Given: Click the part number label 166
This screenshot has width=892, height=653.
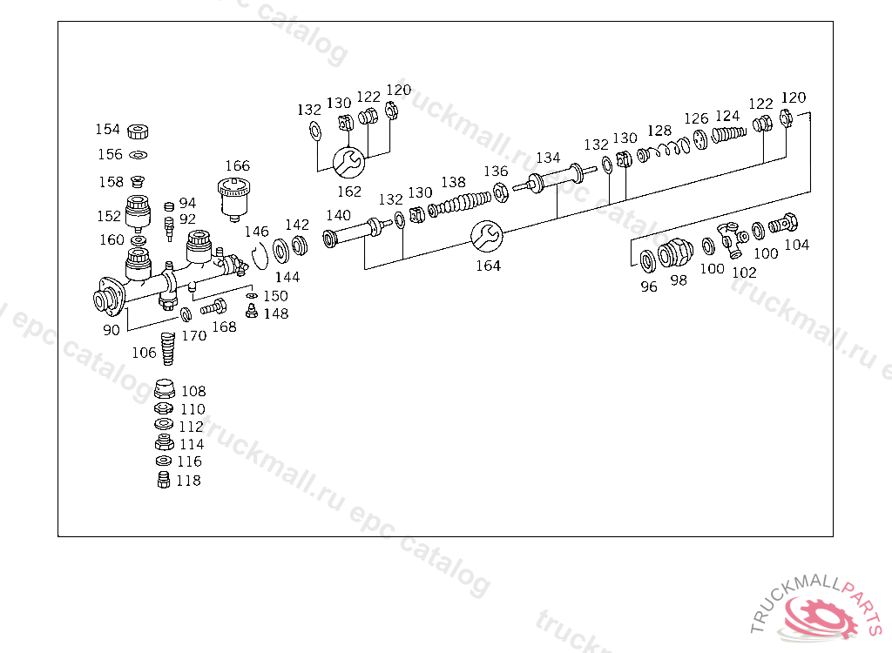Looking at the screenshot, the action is click(x=237, y=165).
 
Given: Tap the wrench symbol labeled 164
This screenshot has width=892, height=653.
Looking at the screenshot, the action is click(x=486, y=235).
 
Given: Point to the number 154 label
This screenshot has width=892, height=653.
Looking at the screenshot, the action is click(x=107, y=130).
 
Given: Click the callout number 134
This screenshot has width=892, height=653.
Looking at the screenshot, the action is click(x=548, y=158).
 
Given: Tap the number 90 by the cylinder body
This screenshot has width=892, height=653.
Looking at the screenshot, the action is click(x=111, y=330).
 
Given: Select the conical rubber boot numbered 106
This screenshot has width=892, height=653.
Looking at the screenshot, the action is click(x=169, y=347).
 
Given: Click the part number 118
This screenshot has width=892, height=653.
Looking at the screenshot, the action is click(x=188, y=481).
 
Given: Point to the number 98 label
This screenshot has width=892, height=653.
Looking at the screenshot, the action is click(x=678, y=280).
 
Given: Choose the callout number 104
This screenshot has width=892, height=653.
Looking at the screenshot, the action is click(x=796, y=245).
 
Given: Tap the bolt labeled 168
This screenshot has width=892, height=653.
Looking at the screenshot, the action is click(x=213, y=306).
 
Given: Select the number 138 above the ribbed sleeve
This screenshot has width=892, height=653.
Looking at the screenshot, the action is click(x=453, y=182).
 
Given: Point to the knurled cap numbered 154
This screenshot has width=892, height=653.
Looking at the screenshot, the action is click(x=135, y=131).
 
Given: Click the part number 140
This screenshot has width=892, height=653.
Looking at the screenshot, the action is click(x=338, y=215).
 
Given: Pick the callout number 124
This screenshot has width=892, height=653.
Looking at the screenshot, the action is click(x=727, y=116).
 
